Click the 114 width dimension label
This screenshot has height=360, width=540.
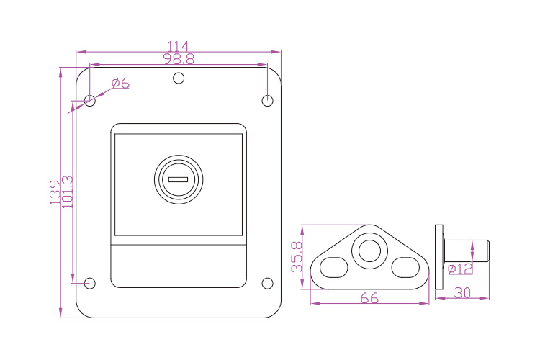click(x=178, y=46)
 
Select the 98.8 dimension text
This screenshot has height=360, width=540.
click(x=179, y=59)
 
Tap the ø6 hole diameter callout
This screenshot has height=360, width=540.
click(x=120, y=83)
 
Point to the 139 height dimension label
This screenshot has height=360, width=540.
click(x=55, y=192)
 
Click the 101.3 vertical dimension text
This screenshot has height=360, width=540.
click(x=67, y=192)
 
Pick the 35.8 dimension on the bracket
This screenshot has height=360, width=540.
click(x=297, y=257)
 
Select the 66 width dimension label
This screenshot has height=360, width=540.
click(x=369, y=298)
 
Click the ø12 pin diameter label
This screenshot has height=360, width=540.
click(x=460, y=269)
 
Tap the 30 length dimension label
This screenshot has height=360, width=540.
click(x=462, y=293)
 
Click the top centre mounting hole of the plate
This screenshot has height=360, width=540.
click(x=179, y=78)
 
